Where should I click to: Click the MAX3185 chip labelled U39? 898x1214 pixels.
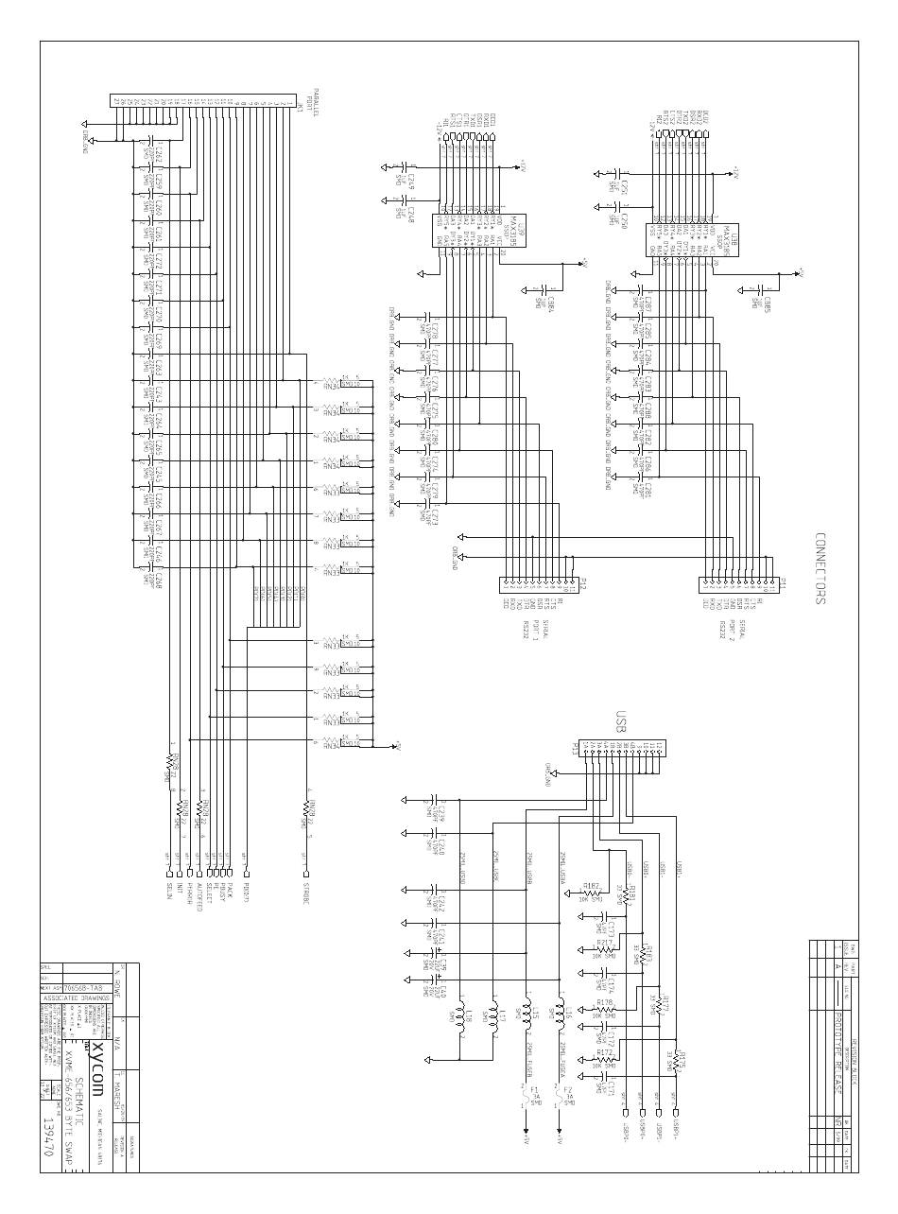pos(454,231)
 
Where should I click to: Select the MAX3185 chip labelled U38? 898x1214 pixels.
pos(672,239)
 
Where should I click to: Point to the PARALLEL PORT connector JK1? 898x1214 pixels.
pos(208,100)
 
